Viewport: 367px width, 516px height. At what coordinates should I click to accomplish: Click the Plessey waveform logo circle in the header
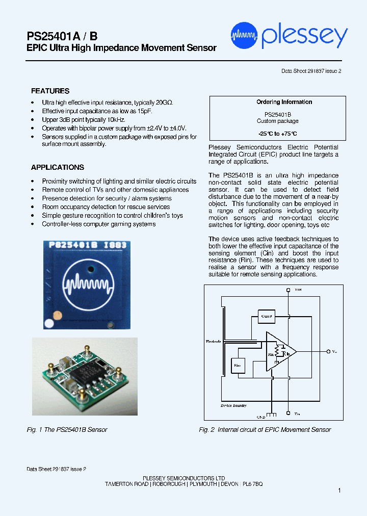coord(244,36)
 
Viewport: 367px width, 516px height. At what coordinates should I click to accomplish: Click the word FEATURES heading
coord(50,91)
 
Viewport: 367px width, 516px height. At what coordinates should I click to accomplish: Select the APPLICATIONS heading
coord(57,167)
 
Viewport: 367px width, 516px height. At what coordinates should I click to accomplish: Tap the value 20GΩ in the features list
coord(164,102)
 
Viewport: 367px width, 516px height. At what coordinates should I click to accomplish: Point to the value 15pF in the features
coord(144,111)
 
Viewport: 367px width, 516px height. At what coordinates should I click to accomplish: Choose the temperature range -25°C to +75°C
coord(277,134)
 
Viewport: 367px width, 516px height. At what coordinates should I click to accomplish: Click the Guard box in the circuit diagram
coord(266,316)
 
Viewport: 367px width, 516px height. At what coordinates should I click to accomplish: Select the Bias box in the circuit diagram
coord(238,365)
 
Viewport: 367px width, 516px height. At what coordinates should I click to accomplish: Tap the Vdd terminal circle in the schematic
coord(289,290)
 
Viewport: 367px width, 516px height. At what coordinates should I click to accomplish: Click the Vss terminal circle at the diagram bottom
coord(289,413)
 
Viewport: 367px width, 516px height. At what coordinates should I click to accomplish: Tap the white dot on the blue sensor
coord(49,323)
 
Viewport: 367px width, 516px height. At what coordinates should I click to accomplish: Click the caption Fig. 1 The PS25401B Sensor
coord(67,430)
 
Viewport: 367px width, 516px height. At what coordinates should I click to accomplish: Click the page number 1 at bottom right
coord(339,490)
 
